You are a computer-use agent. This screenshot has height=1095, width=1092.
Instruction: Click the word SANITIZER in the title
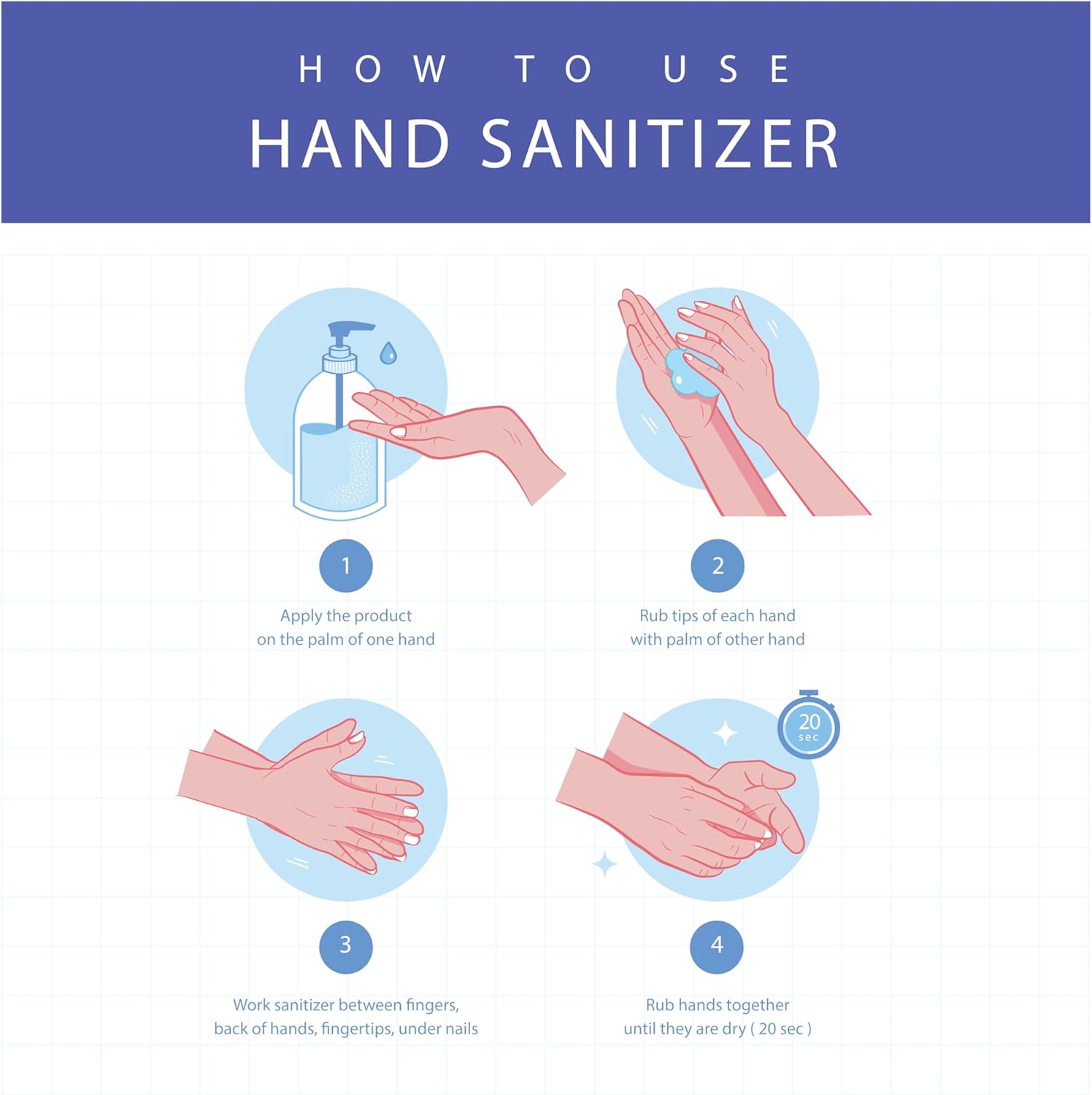pos(660,144)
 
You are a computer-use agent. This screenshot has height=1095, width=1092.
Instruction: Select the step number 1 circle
pos(346,566)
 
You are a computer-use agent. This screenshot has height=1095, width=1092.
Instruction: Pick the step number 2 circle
pos(718,566)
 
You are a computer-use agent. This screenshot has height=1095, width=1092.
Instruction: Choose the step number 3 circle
pos(346,946)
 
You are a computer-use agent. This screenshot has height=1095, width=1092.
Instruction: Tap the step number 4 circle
pos(717,946)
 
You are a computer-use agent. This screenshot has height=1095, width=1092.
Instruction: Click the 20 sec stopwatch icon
pos(809,725)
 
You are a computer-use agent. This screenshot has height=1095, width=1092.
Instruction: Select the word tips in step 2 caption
pos(685,616)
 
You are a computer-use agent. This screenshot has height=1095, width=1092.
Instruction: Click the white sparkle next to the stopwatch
pos(725,733)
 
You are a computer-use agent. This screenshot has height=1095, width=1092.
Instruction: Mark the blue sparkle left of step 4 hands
pos(604,864)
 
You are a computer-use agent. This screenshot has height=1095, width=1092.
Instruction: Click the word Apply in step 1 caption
pos(301,617)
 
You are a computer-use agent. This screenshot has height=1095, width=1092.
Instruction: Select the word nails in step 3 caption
pos(461,1029)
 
